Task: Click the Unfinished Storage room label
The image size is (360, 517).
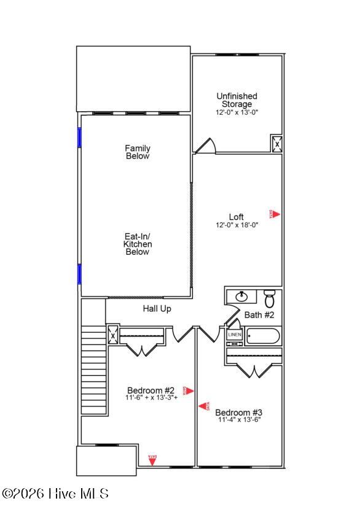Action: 237,100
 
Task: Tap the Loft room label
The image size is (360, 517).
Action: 237,217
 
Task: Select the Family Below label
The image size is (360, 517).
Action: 138,152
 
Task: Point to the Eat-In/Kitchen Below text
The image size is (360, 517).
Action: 138,244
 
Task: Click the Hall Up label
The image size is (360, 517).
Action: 157,309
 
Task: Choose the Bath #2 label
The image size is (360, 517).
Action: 259,315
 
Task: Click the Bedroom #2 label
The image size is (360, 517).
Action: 151,391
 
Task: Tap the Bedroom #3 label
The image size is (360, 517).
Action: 239,412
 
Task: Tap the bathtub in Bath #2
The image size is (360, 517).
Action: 263,336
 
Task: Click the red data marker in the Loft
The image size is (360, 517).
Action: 275,214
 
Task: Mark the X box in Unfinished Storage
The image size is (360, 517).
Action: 277,144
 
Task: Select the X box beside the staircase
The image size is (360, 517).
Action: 112,336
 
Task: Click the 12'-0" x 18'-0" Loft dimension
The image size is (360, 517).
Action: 237,225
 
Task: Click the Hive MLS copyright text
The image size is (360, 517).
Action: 55,493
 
